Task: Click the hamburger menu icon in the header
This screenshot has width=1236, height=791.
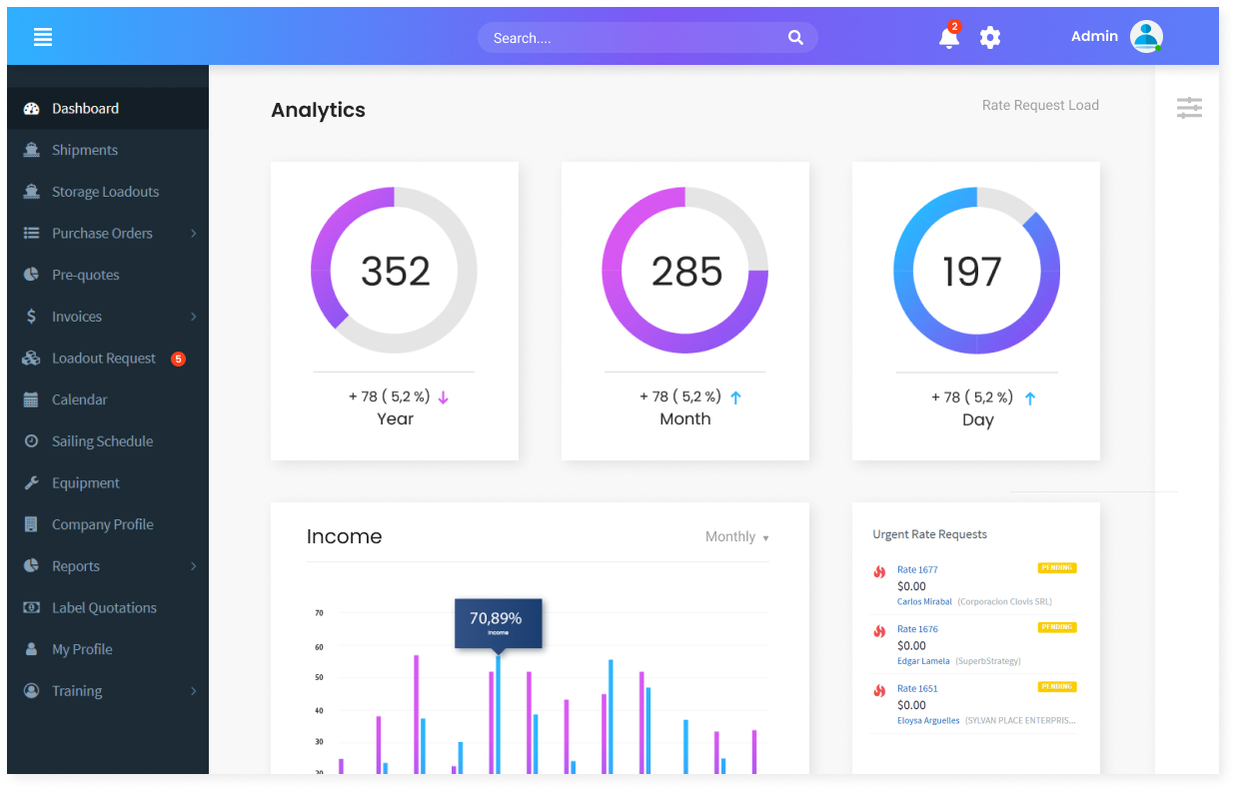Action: pyautogui.click(x=43, y=37)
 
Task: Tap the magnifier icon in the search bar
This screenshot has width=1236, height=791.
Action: pyautogui.click(x=795, y=38)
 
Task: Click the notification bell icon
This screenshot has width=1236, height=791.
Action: pyautogui.click(x=948, y=38)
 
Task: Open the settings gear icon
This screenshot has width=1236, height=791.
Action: pyautogui.click(x=990, y=38)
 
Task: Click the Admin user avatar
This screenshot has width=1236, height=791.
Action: pyautogui.click(x=1146, y=36)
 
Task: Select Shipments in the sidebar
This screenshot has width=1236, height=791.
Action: pyautogui.click(x=84, y=150)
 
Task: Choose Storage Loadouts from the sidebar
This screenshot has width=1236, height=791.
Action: pyautogui.click(x=105, y=192)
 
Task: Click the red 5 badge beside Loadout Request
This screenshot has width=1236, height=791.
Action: pyautogui.click(x=178, y=359)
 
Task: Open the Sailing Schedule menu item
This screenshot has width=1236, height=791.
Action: pyautogui.click(x=103, y=441)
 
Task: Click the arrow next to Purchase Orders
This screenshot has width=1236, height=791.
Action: pyautogui.click(x=193, y=234)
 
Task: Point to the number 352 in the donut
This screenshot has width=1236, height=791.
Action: pyautogui.click(x=395, y=271)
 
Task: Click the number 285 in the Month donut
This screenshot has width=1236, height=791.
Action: pyautogui.click(x=686, y=271)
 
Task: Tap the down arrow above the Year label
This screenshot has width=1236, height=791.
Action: pyautogui.click(x=443, y=397)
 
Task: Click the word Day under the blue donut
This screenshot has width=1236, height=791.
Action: pyautogui.click(x=978, y=420)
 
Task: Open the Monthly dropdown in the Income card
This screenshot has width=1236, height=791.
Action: pyautogui.click(x=736, y=536)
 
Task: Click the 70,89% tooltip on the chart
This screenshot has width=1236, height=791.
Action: pyautogui.click(x=499, y=623)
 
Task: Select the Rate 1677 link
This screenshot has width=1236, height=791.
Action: pyautogui.click(x=917, y=570)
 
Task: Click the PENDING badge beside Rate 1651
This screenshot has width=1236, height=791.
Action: pyautogui.click(x=1057, y=687)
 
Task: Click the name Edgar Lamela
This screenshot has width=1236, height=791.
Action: pyautogui.click(x=923, y=661)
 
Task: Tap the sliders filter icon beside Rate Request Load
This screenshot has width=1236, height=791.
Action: pyautogui.click(x=1189, y=108)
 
